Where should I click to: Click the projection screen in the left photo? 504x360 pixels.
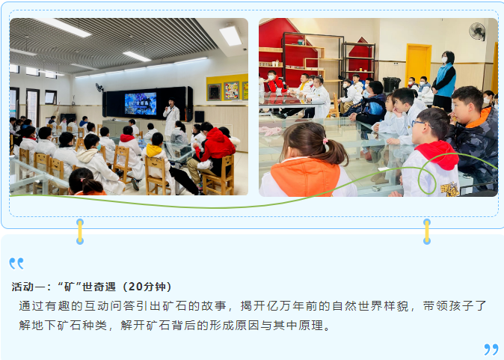[x=141, y=103]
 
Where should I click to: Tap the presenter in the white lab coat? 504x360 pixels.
[x=171, y=117]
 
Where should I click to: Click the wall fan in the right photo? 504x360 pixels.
[x=477, y=31]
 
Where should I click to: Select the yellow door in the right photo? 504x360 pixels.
[x=418, y=63]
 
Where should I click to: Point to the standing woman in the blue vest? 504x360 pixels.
[x=444, y=80]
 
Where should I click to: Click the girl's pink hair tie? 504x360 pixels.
[x=325, y=141]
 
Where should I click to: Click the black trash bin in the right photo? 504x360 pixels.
[x=392, y=85]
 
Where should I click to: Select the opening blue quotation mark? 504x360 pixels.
[x=16, y=263]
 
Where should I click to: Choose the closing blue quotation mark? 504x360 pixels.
[x=491, y=350]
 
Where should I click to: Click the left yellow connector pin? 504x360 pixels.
[x=80, y=231]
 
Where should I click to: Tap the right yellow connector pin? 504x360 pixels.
[x=427, y=231]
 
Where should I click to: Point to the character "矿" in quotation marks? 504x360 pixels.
[x=70, y=287]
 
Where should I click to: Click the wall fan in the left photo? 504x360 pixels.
[x=99, y=88]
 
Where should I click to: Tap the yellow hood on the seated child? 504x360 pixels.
[x=153, y=150]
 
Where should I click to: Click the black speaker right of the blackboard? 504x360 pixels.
[x=200, y=117]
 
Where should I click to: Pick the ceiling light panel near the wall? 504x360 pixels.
[x=230, y=36]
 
